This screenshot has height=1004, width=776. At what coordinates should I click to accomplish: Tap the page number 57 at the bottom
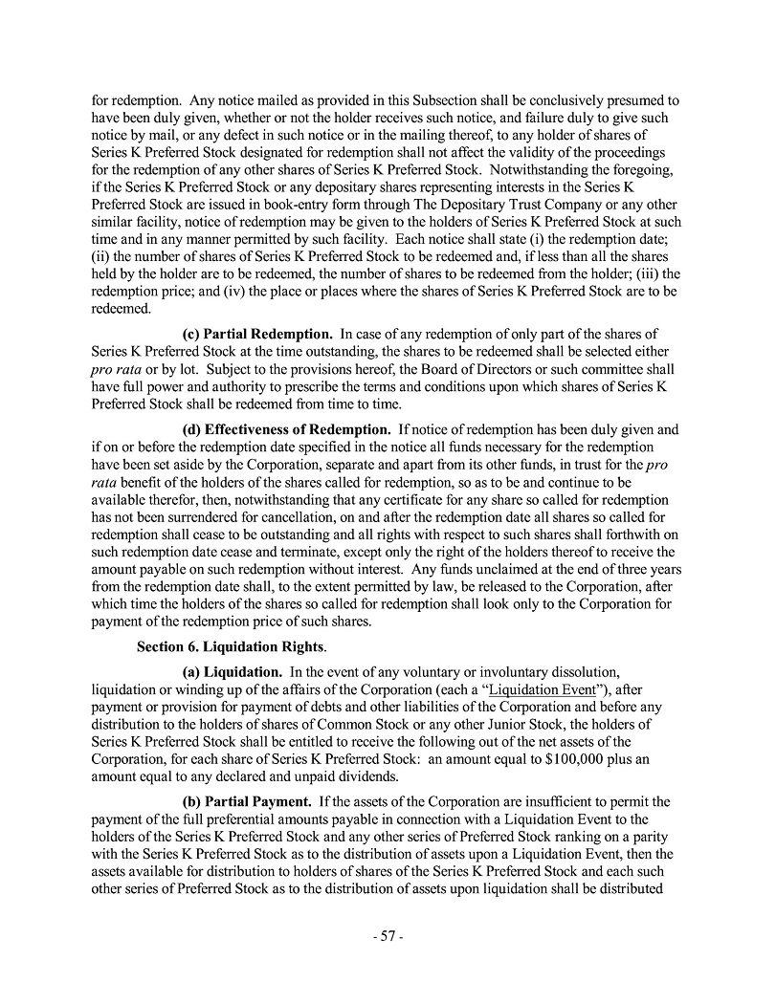pos(388,937)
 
